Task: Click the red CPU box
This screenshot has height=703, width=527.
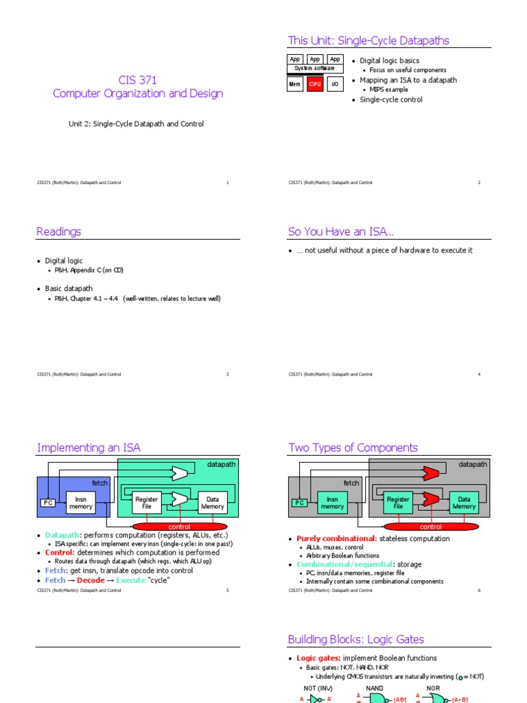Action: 315,84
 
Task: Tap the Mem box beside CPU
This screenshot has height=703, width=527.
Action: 295,84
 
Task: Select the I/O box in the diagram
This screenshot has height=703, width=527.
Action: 336,84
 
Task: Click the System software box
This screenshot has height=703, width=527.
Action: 315,69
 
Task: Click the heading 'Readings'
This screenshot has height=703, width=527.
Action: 59,232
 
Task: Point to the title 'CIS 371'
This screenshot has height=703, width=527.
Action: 138,80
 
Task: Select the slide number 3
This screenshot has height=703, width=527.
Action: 228,374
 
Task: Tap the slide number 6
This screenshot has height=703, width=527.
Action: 479,590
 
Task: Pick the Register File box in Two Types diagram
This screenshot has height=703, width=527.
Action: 398,503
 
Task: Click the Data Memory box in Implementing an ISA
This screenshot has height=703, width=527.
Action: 213,503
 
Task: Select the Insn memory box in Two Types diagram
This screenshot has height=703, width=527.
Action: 332,503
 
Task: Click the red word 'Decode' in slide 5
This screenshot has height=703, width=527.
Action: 91,580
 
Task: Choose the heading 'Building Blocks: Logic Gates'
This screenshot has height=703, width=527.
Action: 356,639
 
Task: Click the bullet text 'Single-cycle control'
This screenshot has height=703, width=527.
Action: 391,100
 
